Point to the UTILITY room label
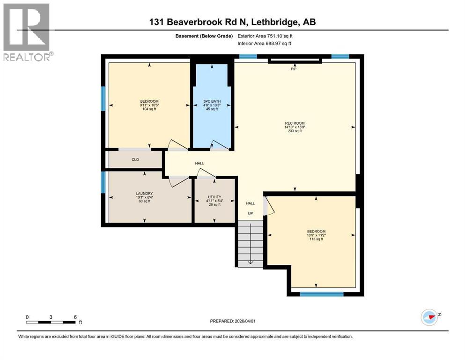pos(214,197)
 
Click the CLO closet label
pos(135,159)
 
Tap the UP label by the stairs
pos(251,213)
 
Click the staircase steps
pos(250,244)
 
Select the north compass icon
pos(429,317)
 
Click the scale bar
pos(52,322)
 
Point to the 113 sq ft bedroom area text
pos(316,239)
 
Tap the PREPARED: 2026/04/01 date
pos(232,321)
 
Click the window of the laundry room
pos(103,182)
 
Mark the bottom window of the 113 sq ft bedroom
pos(321,294)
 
